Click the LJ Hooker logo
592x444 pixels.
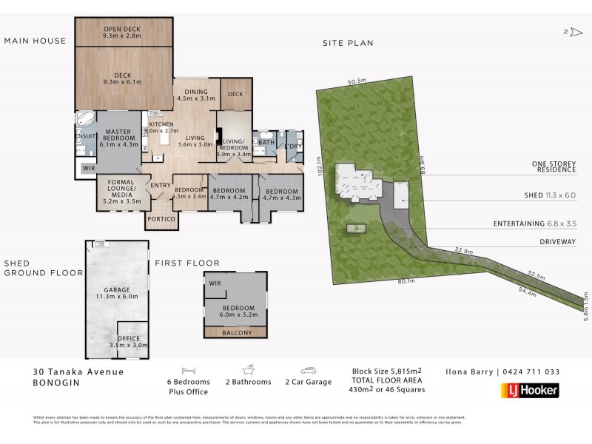pos(530,390)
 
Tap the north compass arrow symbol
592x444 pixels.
pos(569,31)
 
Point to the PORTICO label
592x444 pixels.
pos(161,220)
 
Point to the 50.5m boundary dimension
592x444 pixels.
pos(357,81)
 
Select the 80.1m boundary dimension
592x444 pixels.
pos(404,280)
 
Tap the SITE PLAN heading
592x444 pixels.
pos(347,43)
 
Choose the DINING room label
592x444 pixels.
pos(197,93)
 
